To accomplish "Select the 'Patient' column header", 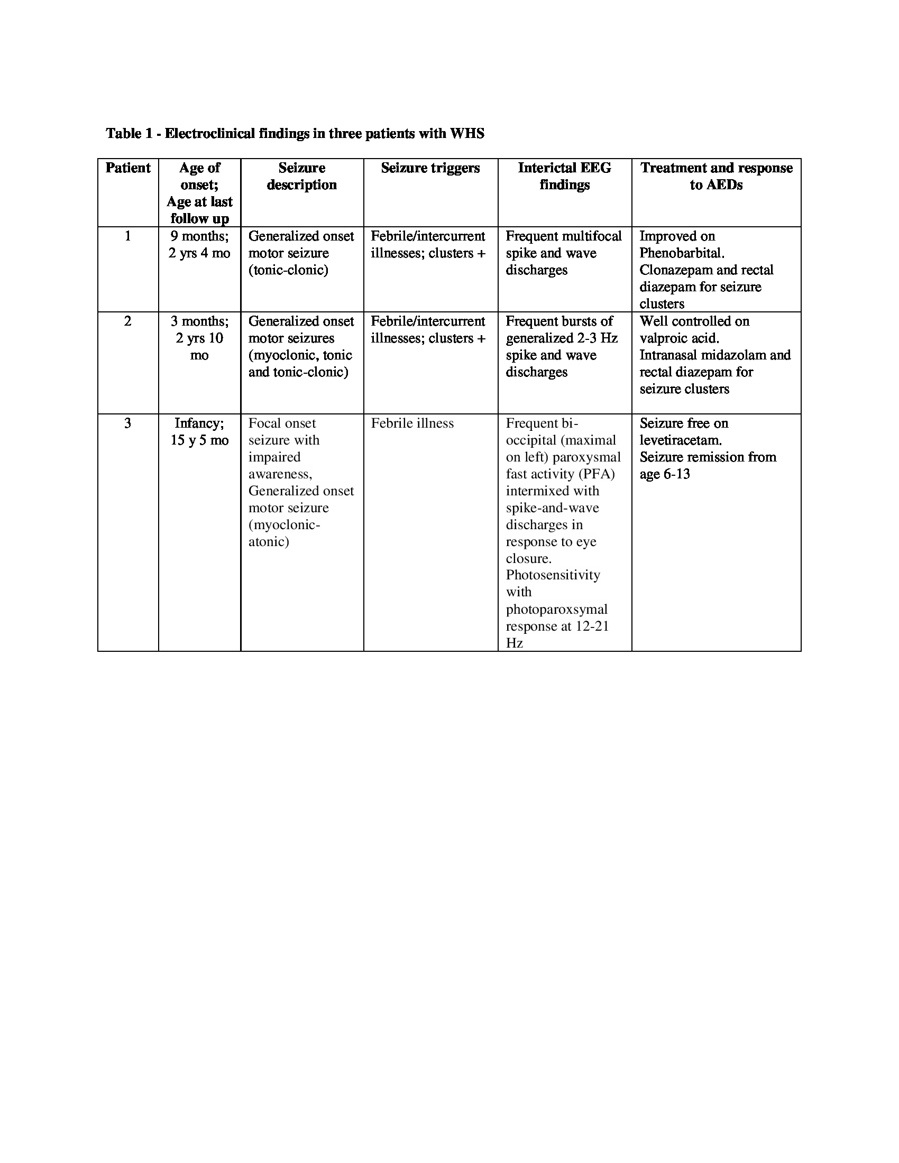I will (128, 168).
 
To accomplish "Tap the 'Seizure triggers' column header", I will (430, 168).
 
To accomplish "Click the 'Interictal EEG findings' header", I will (565, 176).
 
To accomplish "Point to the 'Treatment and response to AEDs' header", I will (717, 176).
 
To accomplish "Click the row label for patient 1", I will (128, 236).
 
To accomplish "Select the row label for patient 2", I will (128, 321).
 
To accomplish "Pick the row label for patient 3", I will (128, 423).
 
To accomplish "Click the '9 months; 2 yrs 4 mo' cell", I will (200, 244).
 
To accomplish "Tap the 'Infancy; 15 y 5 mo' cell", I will (200, 432).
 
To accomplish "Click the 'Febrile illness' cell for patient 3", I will (412, 423).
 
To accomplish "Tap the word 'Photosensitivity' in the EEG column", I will (553, 575).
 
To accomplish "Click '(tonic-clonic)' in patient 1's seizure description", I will (288, 270).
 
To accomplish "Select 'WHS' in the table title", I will (467, 133).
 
